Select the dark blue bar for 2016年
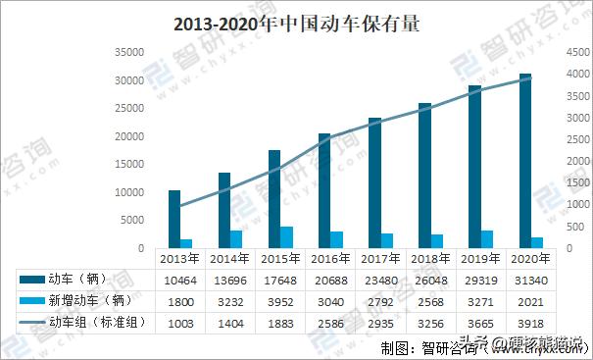click(323, 190)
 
